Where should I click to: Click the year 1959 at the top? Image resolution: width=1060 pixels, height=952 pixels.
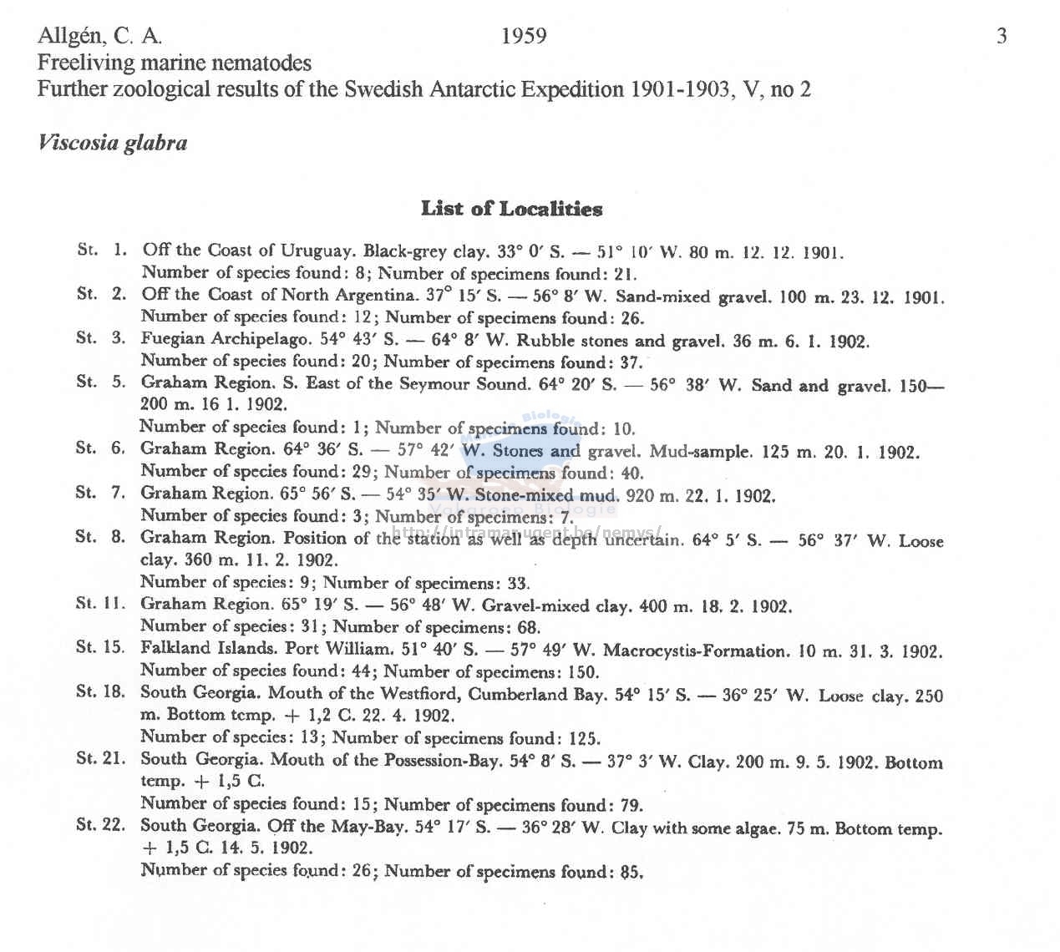click(x=524, y=36)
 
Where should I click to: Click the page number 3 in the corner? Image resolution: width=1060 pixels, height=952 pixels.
click(x=1002, y=36)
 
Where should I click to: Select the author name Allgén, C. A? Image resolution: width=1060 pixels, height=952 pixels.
click(x=99, y=36)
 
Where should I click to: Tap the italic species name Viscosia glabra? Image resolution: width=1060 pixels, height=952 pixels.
click(x=112, y=143)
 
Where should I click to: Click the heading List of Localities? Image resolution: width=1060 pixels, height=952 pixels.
click(x=511, y=208)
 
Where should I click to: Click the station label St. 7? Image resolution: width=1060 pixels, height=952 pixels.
click(x=100, y=493)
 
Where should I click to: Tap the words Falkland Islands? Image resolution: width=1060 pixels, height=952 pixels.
click(x=209, y=648)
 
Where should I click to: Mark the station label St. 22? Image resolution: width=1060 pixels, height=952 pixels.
click(x=100, y=825)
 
